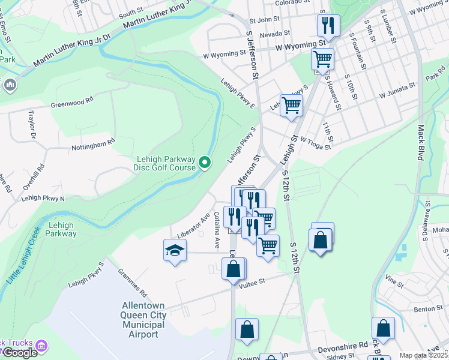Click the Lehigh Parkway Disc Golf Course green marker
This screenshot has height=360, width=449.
(x=205, y=162)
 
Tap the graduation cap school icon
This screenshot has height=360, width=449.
(x=175, y=250)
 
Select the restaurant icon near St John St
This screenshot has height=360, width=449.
(x=328, y=25)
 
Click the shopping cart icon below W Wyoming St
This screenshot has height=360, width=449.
(x=322, y=59)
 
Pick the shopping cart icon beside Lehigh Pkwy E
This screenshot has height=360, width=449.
(x=291, y=105)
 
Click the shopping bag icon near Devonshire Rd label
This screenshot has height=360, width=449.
(x=383, y=328)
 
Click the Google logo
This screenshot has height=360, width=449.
(x=20, y=353)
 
